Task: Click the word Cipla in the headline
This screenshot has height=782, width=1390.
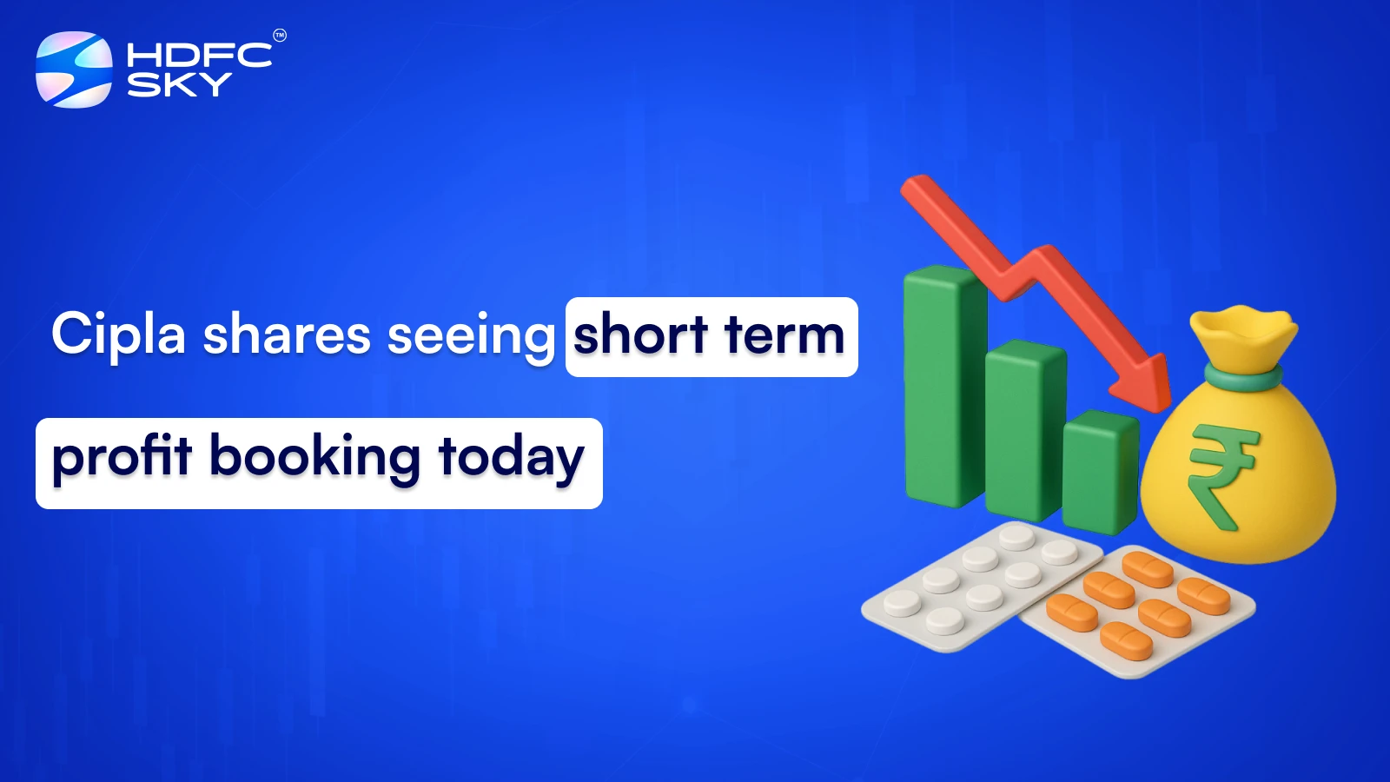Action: point(119,335)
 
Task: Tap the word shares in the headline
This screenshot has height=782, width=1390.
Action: point(287,335)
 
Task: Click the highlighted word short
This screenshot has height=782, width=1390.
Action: point(640,335)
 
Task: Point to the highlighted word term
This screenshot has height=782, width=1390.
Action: point(784,335)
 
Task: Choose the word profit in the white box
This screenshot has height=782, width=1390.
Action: point(122,459)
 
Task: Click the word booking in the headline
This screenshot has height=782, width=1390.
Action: point(314,459)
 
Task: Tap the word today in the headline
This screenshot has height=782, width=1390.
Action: point(511,459)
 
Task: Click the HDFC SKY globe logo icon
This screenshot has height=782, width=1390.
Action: point(74,70)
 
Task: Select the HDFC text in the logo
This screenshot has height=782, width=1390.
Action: point(200,56)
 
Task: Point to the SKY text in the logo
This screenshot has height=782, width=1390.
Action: point(180,84)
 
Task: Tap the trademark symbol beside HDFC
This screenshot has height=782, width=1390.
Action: point(280,36)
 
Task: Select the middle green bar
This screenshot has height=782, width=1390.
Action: point(1023,430)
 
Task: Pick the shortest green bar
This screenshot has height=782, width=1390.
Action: point(1099,469)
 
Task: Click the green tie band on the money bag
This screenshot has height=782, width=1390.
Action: point(1242,377)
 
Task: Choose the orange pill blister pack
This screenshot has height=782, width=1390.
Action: point(1138,608)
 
